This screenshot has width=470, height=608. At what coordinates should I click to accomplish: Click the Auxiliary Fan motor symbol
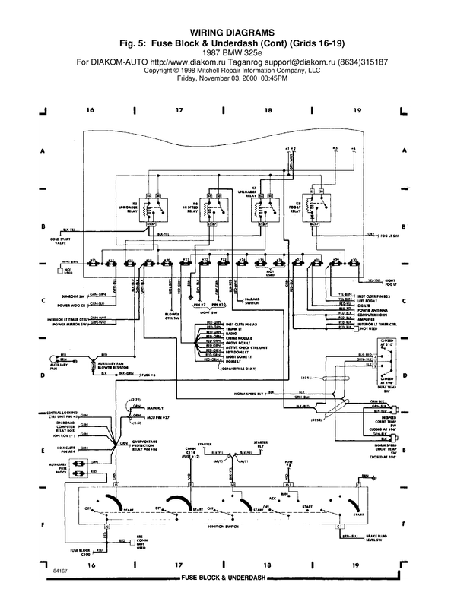pos(53,359)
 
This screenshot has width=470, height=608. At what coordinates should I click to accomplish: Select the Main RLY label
pos(157,408)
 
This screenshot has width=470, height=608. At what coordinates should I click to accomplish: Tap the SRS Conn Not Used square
pos(122,542)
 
